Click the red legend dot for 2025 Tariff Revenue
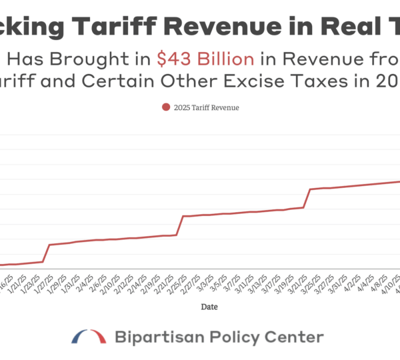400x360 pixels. (x=165, y=107)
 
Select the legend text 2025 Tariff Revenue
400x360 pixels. (x=205, y=107)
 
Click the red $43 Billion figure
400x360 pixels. (x=205, y=59)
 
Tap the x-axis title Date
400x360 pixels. (x=208, y=307)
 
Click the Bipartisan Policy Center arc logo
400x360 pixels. (x=89, y=335)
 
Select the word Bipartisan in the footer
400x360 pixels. (x=153, y=337)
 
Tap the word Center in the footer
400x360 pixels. (x=297, y=337)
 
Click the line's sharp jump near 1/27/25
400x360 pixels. (x=47, y=253)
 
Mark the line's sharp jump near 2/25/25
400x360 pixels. (x=180, y=225)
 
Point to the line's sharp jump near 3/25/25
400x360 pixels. (x=307, y=198)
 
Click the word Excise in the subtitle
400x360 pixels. (x=254, y=81)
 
